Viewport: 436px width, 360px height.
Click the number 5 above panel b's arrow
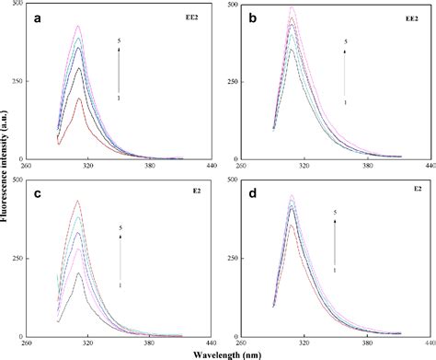(345, 41)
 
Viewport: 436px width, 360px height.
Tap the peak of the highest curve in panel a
(78, 26)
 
